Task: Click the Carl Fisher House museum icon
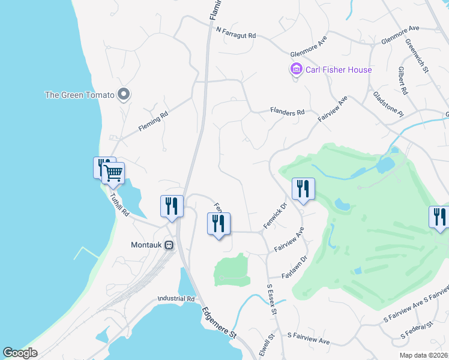point(296,70)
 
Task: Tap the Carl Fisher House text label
point(339,70)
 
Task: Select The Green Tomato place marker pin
point(124,94)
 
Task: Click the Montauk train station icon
point(169,245)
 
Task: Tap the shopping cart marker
point(113,173)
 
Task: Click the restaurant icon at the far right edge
point(439,217)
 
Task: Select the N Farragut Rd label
point(236,34)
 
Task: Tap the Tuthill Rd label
point(119,203)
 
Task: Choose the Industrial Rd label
point(176,298)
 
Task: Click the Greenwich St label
point(416,56)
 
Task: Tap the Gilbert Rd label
point(402,81)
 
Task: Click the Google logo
point(20,353)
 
